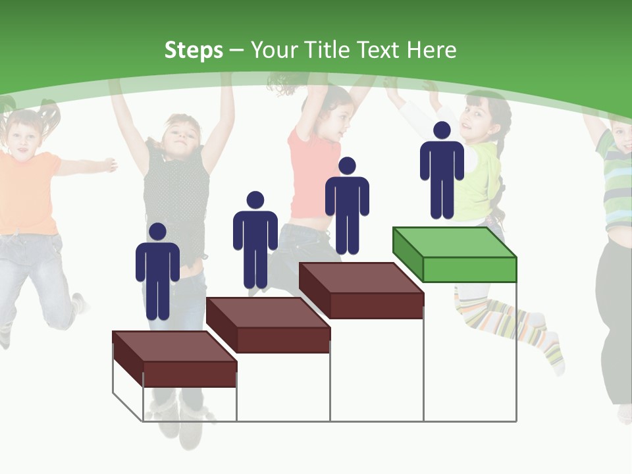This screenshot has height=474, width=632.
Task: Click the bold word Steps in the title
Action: [x=194, y=50]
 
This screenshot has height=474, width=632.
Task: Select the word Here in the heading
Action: [x=431, y=50]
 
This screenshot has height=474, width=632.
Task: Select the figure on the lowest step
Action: [x=157, y=276]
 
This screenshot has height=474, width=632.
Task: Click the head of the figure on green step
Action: [x=442, y=130]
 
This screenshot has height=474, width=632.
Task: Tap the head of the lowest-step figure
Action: [x=157, y=231]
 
